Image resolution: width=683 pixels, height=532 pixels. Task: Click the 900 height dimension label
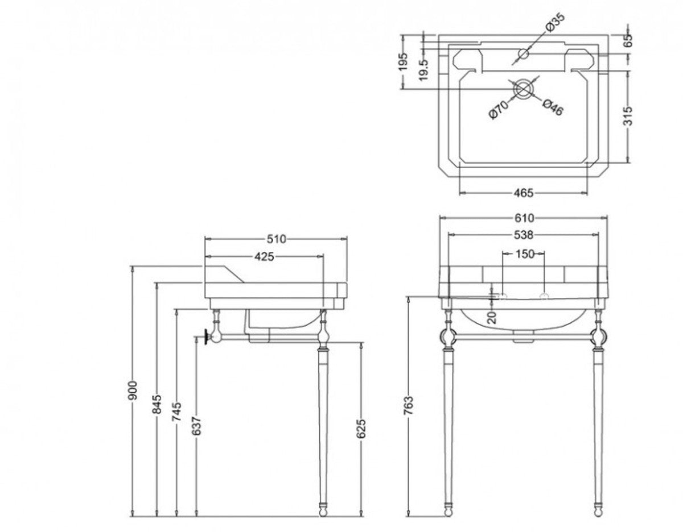tap(132, 390)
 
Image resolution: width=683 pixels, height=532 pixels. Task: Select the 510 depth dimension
tap(276, 239)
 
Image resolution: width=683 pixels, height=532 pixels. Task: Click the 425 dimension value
tap(264, 257)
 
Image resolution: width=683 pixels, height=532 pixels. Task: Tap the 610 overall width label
tap(524, 218)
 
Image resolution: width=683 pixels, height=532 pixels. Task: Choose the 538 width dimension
tap(523, 235)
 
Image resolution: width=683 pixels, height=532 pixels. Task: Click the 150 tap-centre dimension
tap(525, 253)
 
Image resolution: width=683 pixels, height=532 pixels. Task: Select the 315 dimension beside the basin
tap(628, 116)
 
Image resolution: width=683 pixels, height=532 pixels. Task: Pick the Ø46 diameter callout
tap(552, 107)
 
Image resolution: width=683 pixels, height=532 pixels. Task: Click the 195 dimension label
tap(403, 61)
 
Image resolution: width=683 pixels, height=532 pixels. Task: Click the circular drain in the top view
tap(524, 90)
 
